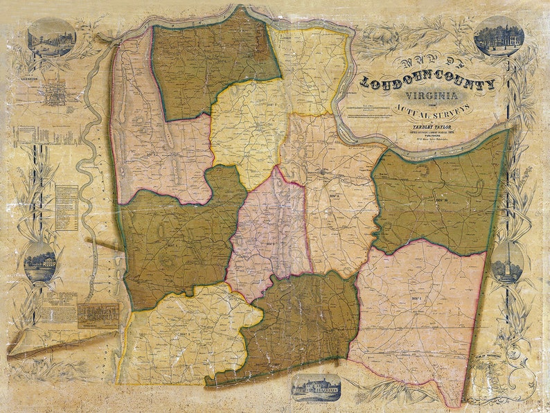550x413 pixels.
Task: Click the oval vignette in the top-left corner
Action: point(51,37)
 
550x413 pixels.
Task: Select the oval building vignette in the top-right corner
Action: point(499,36)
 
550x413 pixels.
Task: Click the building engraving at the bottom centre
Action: point(317,385)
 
